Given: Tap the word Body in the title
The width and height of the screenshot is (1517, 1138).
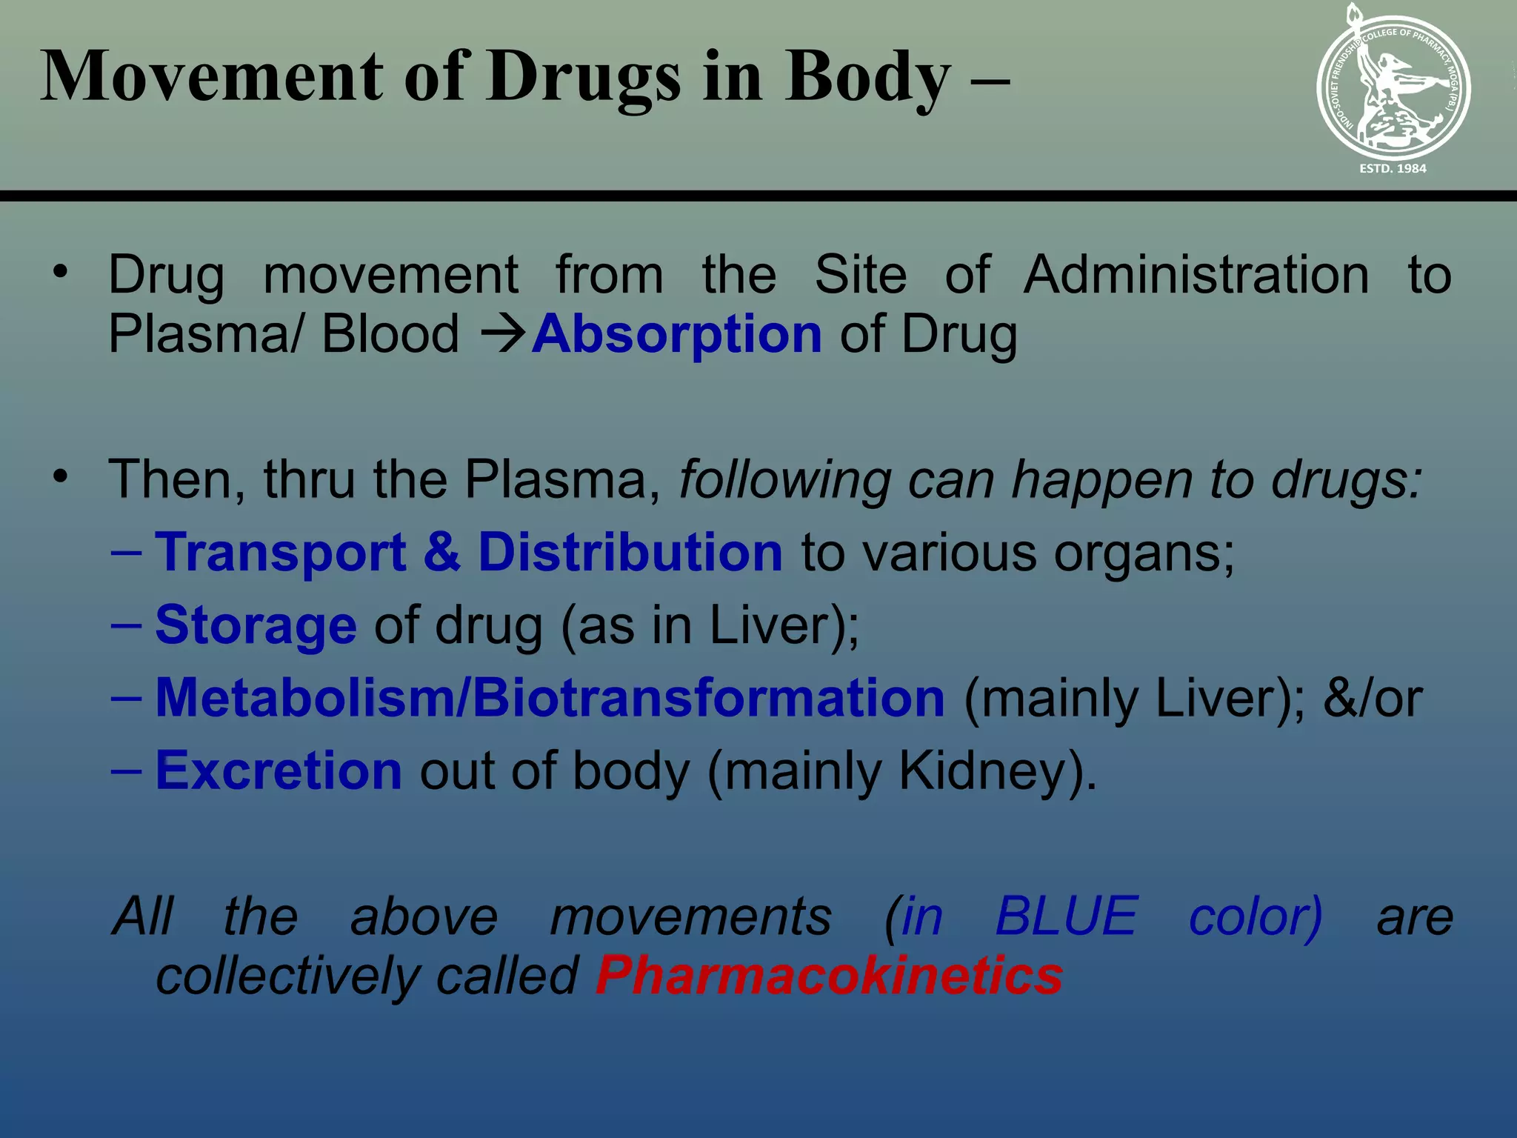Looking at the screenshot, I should [x=867, y=77].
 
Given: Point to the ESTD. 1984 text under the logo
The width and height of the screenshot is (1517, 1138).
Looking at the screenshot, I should [x=1393, y=169].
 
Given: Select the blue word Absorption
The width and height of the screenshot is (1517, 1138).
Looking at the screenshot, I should [x=677, y=335].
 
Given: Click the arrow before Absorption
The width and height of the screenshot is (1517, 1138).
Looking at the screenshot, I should [x=503, y=335].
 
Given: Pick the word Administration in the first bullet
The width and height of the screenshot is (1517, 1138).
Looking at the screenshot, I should [x=1196, y=275].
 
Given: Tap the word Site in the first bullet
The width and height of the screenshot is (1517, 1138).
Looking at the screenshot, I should [x=860, y=275].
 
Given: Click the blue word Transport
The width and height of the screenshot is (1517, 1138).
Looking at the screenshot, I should [x=281, y=553].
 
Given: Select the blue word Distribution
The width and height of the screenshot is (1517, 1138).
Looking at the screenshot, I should [x=630, y=553].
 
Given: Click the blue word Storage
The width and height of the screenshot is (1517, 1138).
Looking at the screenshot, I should [x=256, y=625].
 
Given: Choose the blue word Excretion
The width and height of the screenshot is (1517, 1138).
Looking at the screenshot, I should [x=279, y=771].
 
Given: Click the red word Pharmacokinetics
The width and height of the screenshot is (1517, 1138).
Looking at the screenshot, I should [x=829, y=975].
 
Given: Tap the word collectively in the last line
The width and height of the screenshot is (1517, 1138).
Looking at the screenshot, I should [x=287, y=975].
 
